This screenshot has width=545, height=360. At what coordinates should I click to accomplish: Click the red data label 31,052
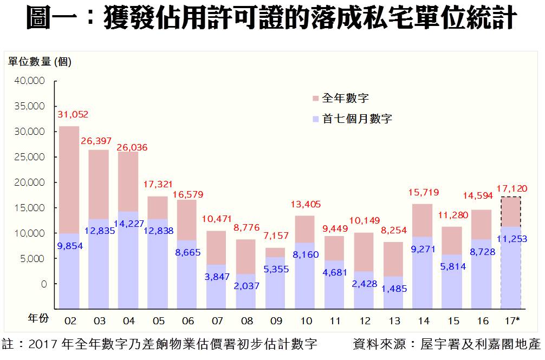point(73,115)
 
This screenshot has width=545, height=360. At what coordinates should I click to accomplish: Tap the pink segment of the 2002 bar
point(69,179)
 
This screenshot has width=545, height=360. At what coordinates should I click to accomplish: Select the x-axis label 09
point(276,321)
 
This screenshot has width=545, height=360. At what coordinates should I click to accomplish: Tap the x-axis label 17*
point(511,321)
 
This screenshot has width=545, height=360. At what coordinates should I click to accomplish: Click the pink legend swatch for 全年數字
point(315,99)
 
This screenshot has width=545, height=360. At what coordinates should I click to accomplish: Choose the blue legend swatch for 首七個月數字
point(315,119)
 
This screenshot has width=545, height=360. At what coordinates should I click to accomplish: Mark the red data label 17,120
point(512,189)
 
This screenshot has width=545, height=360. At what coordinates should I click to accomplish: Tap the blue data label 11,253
point(512,239)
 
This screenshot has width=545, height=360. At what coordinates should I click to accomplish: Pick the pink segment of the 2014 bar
point(423,219)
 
